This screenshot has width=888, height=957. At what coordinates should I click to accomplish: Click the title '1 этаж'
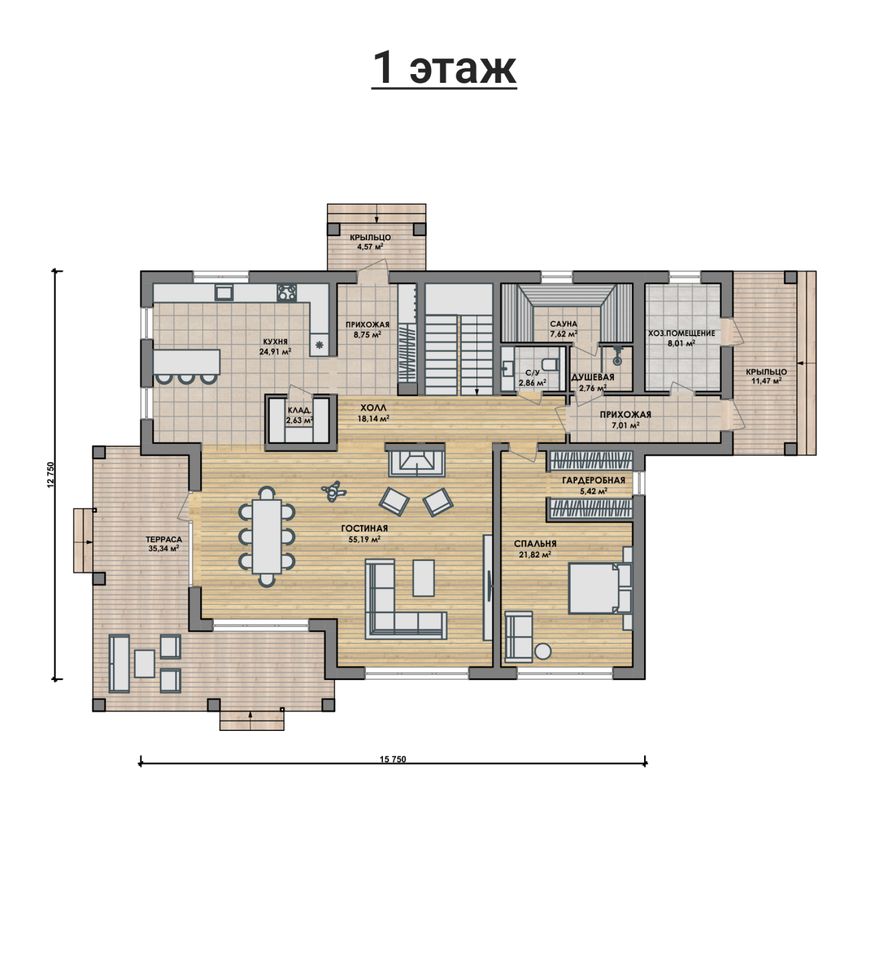point(444,68)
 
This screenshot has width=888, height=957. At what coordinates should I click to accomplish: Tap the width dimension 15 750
point(392,759)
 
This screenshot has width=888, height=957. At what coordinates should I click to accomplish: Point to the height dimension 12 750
point(51,475)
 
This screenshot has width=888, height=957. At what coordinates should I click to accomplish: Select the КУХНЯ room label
point(275,342)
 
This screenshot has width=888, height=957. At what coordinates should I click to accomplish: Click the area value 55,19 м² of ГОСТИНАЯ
point(364,539)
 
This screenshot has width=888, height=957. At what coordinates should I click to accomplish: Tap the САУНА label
point(563,324)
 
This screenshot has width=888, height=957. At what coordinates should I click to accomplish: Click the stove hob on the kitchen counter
point(287,292)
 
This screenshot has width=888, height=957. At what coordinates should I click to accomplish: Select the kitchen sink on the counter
point(224,292)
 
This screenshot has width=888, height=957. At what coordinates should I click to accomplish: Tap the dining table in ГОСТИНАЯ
point(267,537)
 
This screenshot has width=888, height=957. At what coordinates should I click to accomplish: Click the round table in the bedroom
point(543,652)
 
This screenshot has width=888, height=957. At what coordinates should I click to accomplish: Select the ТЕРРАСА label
point(164,540)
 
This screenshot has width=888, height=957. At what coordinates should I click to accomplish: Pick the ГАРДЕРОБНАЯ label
point(594,480)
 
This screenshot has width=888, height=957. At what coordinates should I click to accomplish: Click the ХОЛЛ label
point(374,408)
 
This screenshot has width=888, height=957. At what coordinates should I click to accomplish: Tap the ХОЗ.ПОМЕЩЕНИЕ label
point(682,333)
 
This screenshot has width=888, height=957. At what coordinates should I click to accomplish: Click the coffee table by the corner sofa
point(424,578)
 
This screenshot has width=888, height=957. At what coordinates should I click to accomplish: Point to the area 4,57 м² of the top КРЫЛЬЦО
point(370,246)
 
